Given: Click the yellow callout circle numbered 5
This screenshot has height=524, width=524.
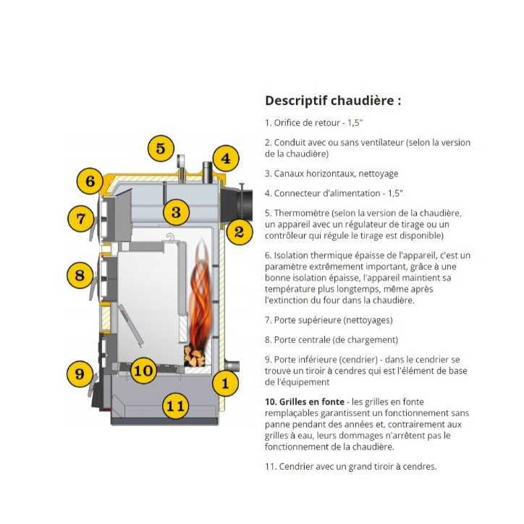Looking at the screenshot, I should pyautogui.click(x=161, y=148).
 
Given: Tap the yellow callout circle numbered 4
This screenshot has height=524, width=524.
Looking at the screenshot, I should pyautogui.click(x=225, y=159).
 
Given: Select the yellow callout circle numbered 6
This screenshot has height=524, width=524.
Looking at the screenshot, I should pyautogui.click(x=90, y=180).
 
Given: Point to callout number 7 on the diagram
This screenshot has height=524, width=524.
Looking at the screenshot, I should pyautogui.click(x=80, y=218).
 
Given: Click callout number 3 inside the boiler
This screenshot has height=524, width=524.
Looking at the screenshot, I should pyautogui.click(x=176, y=213).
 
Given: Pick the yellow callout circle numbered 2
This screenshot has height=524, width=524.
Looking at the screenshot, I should pyautogui.click(x=239, y=232).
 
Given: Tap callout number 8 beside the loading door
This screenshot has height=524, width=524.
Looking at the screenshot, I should pyautogui.click(x=80, y=275).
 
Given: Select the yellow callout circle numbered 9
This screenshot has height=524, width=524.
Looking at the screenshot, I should pyautogui.click(x=80, y=373).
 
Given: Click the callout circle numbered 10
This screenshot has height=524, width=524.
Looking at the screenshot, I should pyautogui.click(x=144, y=371).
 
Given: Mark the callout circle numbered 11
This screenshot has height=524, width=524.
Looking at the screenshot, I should pyautogui.click(x=174, y=406).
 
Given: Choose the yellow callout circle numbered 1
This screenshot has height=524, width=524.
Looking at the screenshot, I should pyautogui.click(x=225, y=383).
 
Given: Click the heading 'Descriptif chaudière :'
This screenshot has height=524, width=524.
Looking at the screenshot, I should pyautogui.click(x=332, y=101).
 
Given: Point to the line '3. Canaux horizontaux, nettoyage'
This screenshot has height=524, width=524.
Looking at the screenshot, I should pyautogui.click(x=331, y=174).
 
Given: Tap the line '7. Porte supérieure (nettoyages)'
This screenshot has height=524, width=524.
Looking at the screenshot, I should pyautogui.click(x=329, y=320).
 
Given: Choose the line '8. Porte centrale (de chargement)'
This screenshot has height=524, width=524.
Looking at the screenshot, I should pyautogui.click(x=331, y=339).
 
